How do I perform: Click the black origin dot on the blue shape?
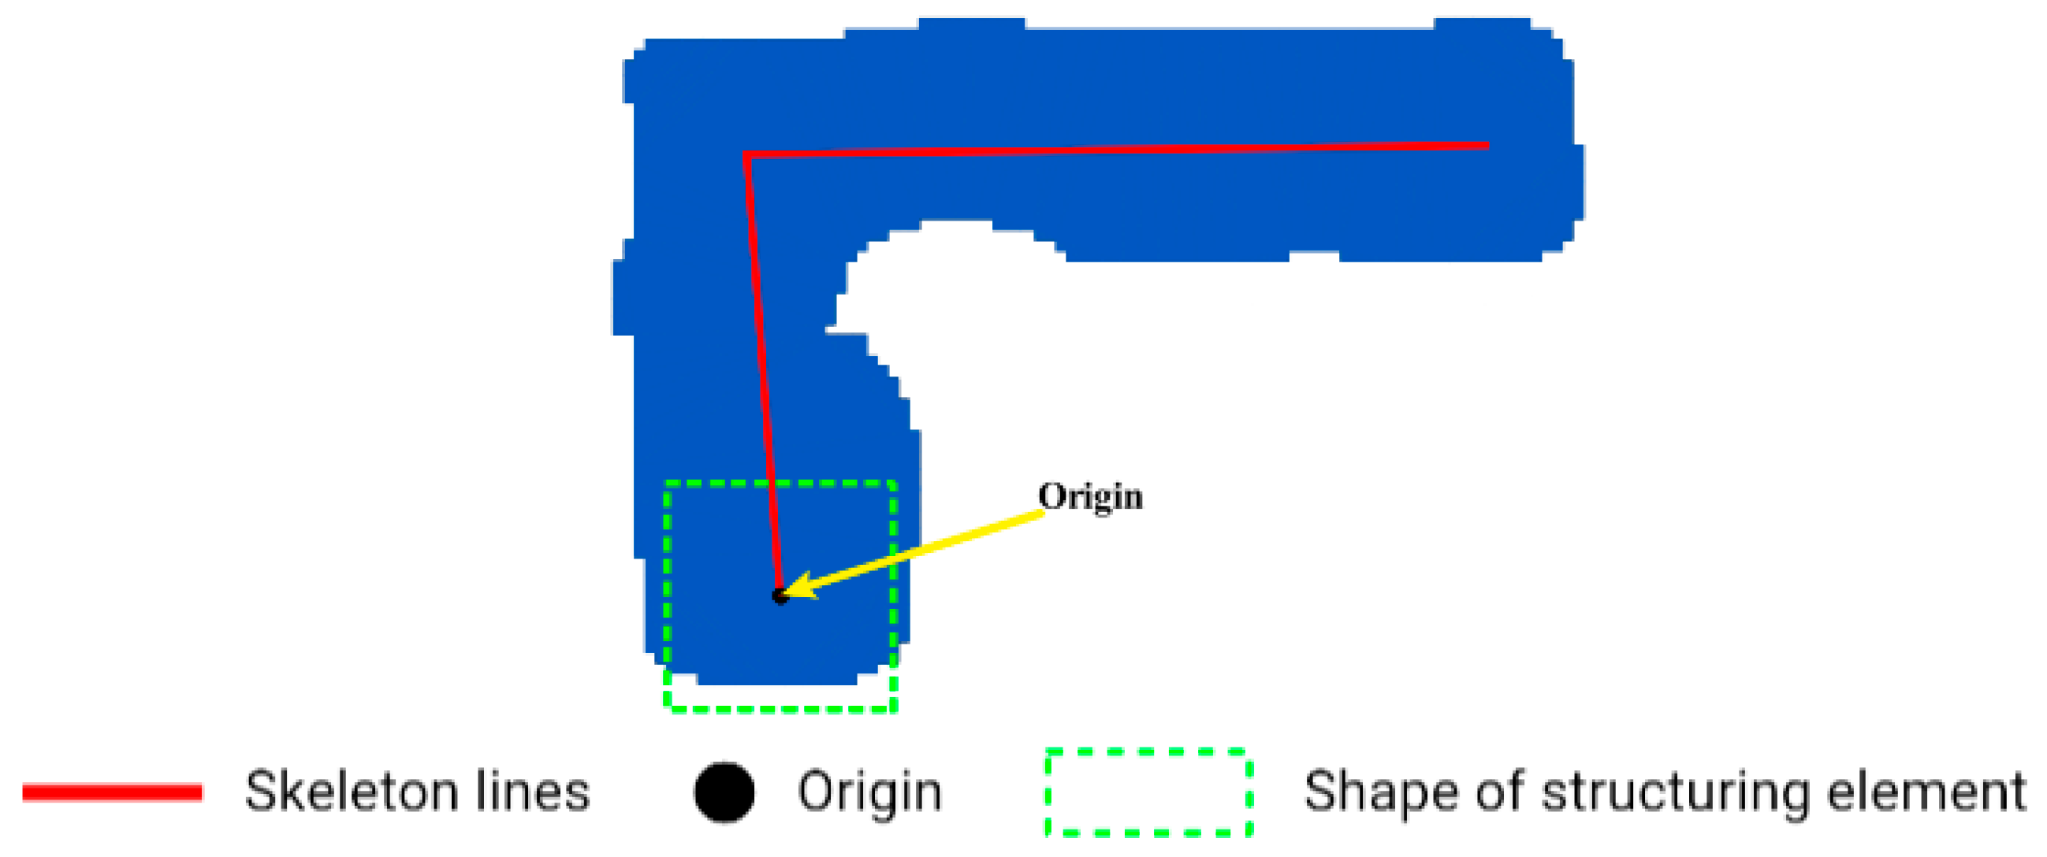click(780, 595)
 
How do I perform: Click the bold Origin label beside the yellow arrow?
click(1090, 497)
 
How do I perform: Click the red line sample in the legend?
click(112, 792)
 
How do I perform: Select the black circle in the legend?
click(724, 792)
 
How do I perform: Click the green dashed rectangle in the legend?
click(1149, 792)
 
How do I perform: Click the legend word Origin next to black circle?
click(869, 792)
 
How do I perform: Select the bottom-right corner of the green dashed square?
click(895, 708)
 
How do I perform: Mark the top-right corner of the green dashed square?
click(895, 483)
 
